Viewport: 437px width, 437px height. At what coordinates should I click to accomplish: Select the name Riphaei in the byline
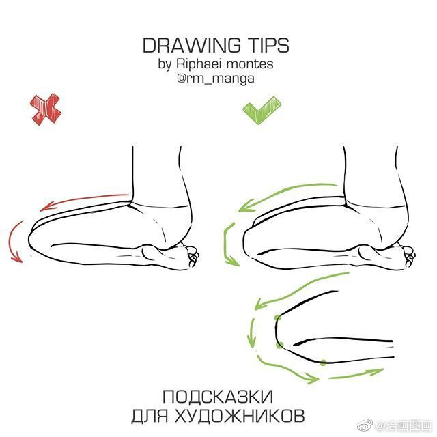click(199, 64)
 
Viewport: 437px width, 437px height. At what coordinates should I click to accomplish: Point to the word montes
click(250, 64)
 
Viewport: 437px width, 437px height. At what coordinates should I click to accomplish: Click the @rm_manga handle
click(216, 79)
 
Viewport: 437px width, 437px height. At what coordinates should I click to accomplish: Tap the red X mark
click(46, 109)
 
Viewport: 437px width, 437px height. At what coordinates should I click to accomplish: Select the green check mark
click(262, 110)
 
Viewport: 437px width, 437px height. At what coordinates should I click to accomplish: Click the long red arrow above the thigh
click(83, 200)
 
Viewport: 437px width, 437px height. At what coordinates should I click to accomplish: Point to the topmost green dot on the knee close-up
click(277, 318)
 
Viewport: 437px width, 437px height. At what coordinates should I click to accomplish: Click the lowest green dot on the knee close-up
click(323, 363)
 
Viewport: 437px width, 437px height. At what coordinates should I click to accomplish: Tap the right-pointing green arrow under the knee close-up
click(356, 374)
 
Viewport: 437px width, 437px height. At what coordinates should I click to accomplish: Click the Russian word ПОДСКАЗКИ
click(218, 397)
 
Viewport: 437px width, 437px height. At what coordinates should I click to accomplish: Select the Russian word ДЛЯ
click(150, 416)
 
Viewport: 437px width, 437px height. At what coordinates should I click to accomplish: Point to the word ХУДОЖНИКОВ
click(240, 416)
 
